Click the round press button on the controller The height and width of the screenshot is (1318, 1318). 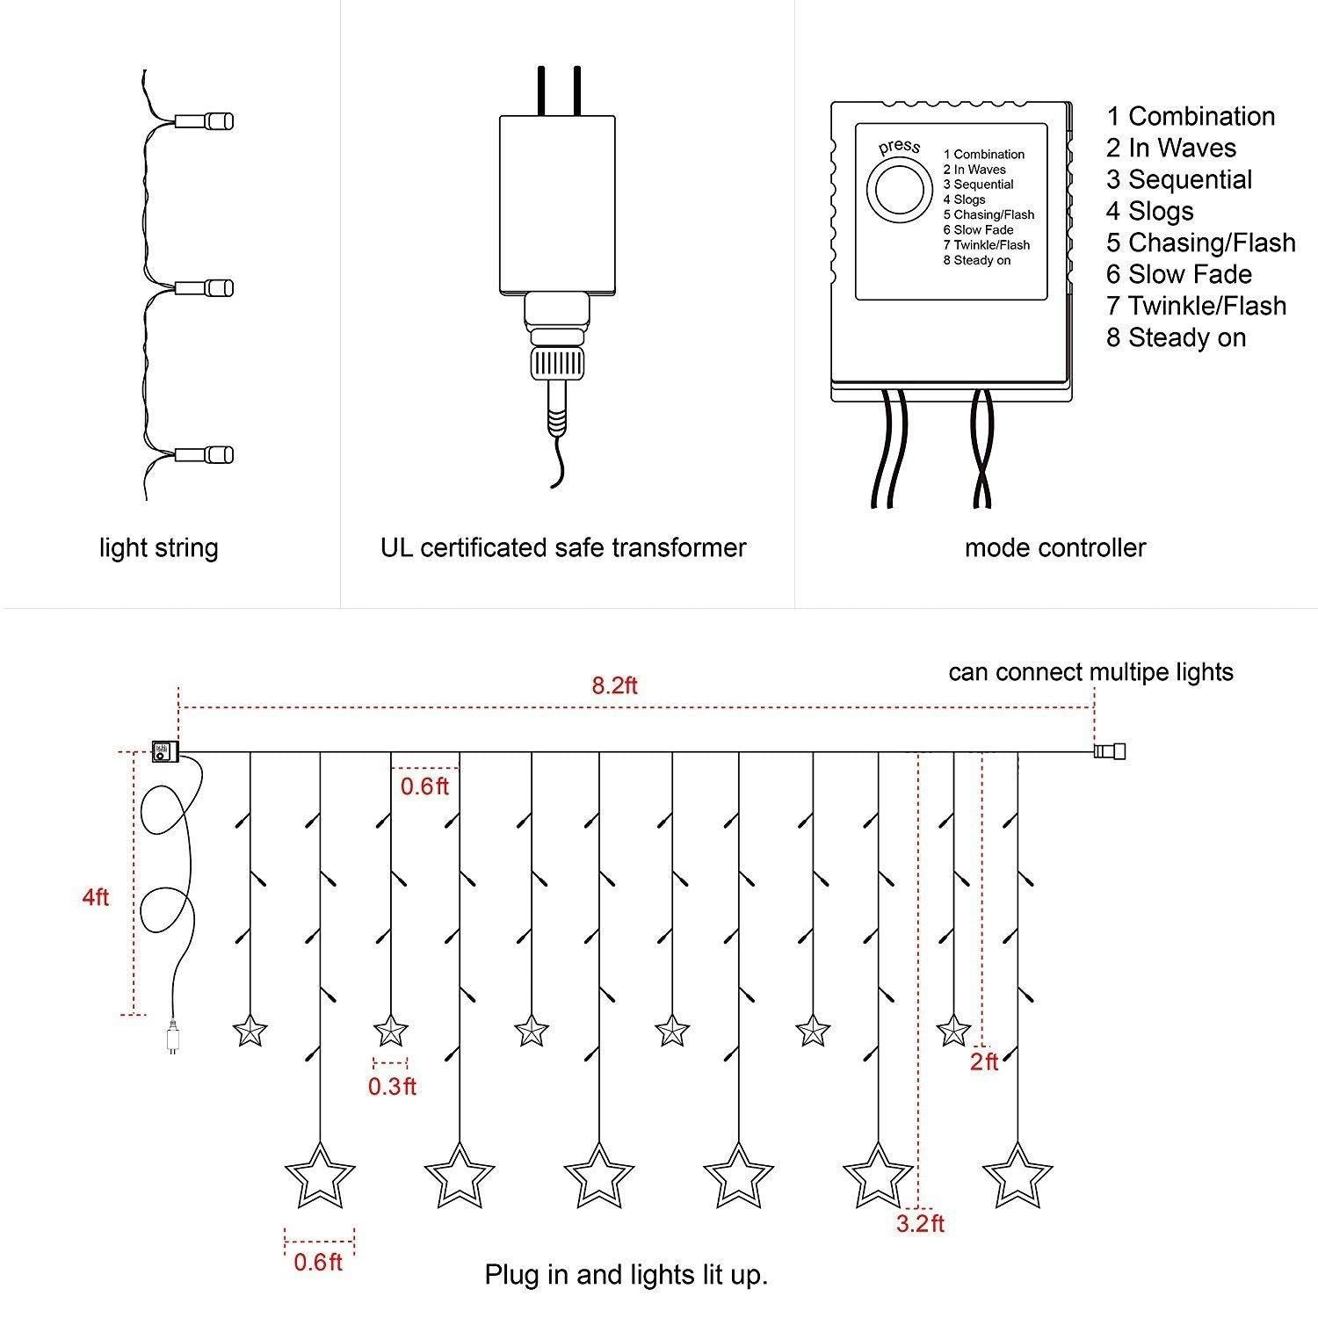pyautogui.click(x=899, y=188)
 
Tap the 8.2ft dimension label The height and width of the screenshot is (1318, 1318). pyautogui.click(x=614, y=685)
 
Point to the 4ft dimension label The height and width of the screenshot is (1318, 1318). pyautogui.click(x=96, y=898)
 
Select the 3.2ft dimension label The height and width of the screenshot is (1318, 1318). pyautogui.click(x=920, y=1223)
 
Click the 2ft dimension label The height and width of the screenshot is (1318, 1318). pyautogui.click(x=984, y=1061)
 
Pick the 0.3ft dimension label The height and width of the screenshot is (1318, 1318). pyautogui.click(x=392, y=1086)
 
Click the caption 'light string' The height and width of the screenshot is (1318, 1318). pyautogui.click(x=158, y=548)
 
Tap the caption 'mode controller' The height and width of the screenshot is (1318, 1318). pyautogui.click(x=1055, y=548)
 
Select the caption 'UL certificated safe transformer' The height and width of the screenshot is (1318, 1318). pyautogui.click(x=563, y=548)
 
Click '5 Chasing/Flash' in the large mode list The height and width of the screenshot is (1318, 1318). pyautogui.click(x=1200, y=243)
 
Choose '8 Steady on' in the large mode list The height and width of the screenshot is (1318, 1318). pyautogui.click(x=1176, y=337)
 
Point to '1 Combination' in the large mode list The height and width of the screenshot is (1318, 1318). pyautogui.click(x=1191, y=116)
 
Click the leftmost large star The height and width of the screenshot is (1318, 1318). pyautogui.click(x=320, y=1175)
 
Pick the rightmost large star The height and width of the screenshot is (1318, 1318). pyautogui.click(x=1017, y=1175)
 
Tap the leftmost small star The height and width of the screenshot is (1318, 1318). pyautogui.click(x=250, y=1030)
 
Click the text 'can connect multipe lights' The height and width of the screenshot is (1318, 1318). pyautogui.click(x=1090, y=672)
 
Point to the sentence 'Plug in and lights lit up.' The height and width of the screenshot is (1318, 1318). pyautogui.click(x=626, y=1275)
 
